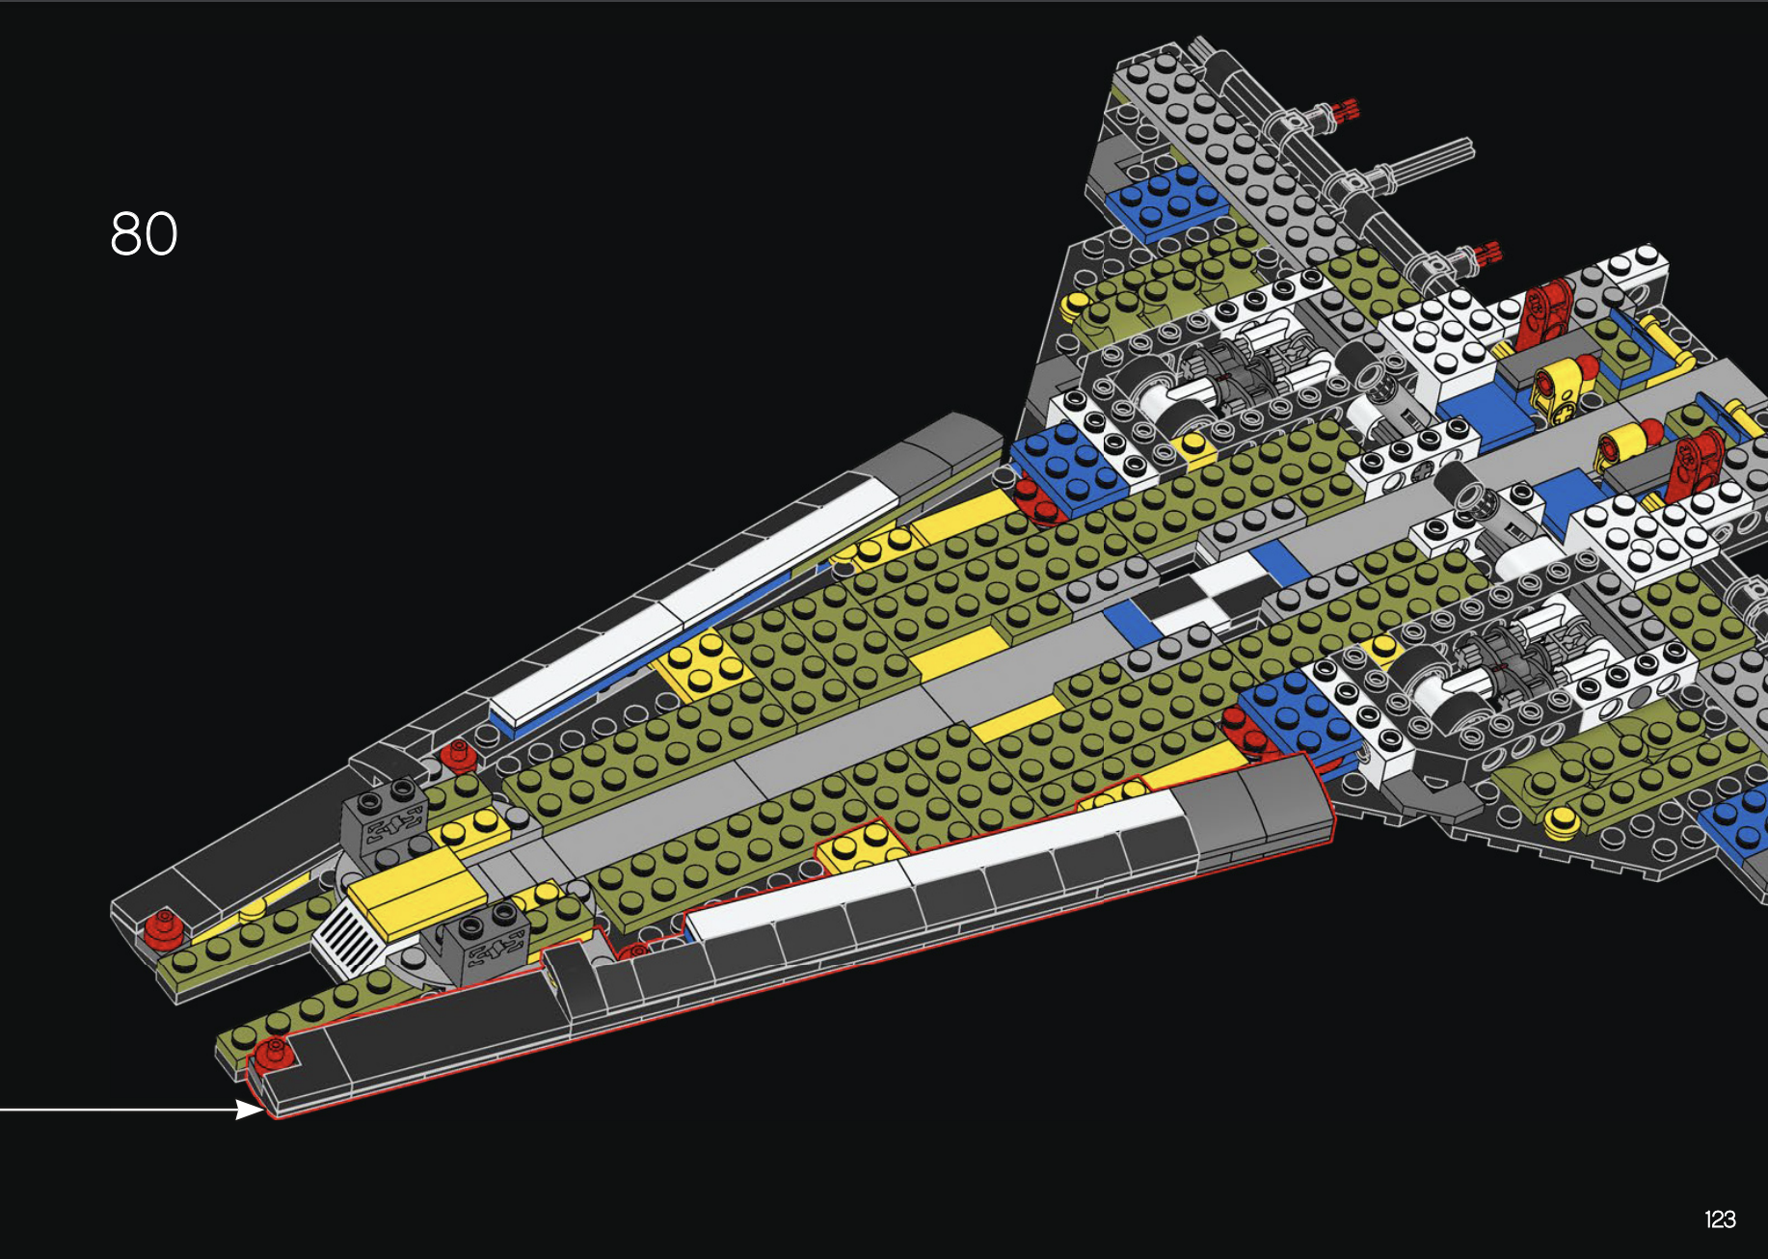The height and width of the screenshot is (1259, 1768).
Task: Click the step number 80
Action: coord(144,234)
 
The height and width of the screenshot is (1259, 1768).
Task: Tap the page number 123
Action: coord(1720,1219)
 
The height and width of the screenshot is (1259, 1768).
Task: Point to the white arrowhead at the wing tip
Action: coord(250,1110)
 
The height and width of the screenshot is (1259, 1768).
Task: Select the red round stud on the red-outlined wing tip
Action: coord(273,1051)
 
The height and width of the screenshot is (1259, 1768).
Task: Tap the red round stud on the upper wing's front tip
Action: coord(162,926)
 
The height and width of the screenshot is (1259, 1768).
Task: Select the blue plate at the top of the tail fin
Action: coord(1166,201)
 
